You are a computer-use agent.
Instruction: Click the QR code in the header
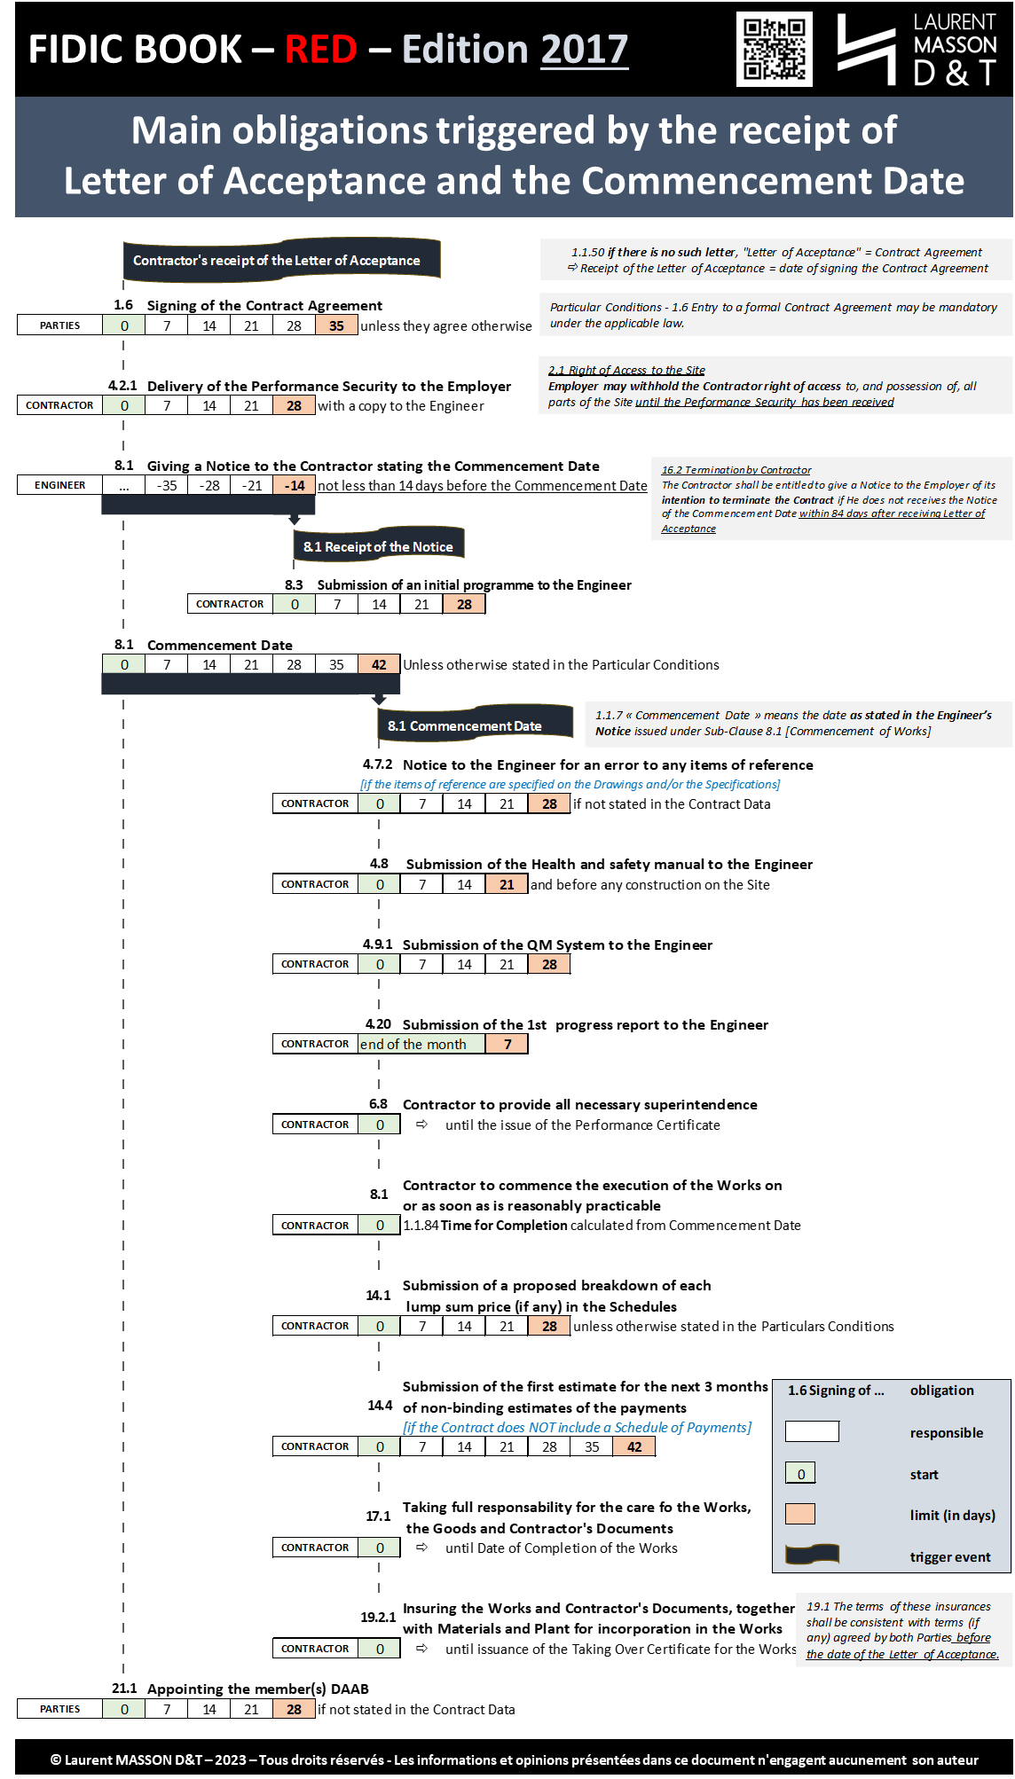774,49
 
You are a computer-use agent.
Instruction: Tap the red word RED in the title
320,49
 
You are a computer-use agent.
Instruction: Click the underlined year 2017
584,49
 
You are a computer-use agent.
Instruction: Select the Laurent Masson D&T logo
917,49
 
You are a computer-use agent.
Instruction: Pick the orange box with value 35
336,325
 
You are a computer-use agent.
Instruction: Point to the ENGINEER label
59,485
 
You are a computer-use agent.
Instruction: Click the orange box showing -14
295,485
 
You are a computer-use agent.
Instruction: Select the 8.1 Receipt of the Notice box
378,546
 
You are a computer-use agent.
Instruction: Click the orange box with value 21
507,884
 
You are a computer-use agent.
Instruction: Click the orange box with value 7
507,1044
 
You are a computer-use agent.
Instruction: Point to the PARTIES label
59,1709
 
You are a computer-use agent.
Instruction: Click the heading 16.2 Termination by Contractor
736,470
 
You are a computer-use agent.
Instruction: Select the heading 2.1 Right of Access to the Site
626,370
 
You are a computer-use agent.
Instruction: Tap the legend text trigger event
949,1556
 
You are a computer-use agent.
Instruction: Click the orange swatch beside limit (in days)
799,1514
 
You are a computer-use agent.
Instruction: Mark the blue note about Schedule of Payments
577,1427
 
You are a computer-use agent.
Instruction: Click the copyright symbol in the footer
56,1759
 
